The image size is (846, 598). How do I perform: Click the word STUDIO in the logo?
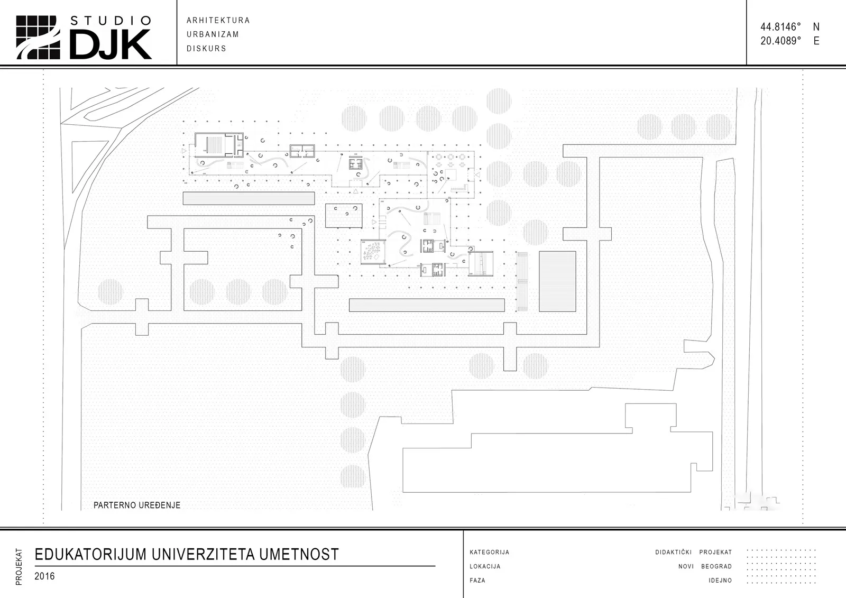pyautogui.click(x=111, y=21)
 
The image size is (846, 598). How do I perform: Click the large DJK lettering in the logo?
pyautogui.click(x=111, y=44)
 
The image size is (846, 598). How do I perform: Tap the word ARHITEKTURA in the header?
pyautogui.click(x=218, y=21)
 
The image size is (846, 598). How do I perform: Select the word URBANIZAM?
pyautogui.click(x=213, y=34)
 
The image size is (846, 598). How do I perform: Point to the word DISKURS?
pyautogui.click(x=207, y=48)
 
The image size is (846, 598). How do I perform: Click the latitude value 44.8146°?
pyautogui.click(x=780, y=27)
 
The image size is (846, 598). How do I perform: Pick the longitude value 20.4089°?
pyautogui.click(x=780, y=41)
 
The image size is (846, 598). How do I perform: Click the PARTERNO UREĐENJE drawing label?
pyautogui.click(x=137, y=505)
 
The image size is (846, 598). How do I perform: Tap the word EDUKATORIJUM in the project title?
pyautogui.click(x=90, y=554)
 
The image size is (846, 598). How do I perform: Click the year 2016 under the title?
pyautogui.click(x=44, y=576)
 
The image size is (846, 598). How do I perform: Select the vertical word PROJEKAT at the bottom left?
pyautogui.click(x=19, y=567)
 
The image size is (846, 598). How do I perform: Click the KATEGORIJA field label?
pyautogui.click(x=490, y=553)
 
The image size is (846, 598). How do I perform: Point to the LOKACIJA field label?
pyautogui.click(x=485, y=566)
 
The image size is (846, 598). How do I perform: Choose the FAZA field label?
pyautogui.click(x=477, y=580)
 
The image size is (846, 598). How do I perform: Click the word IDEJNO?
pyautogui.click(x=720, y=580)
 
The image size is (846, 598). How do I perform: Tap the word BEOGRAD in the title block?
pyautogui.click(x=716, y=566)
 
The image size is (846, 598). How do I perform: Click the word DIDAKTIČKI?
pyautogui.click(x=674, y=553)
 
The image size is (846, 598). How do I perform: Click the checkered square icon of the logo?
pyautogui.click(x=38, y=38)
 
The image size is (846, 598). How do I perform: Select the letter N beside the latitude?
pyautogui.click(x=816, y=27)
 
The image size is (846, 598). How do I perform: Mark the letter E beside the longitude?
pyautogui.click(x=816, y=41)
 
